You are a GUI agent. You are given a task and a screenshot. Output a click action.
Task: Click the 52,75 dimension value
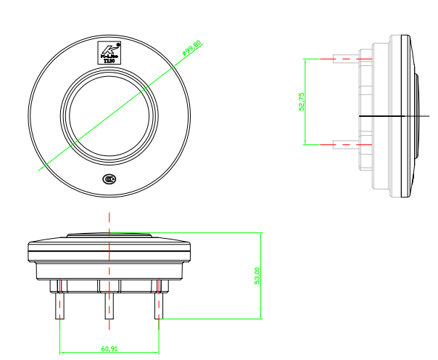[301, 102]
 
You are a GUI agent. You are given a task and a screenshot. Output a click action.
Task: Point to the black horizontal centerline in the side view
[392, 116]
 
